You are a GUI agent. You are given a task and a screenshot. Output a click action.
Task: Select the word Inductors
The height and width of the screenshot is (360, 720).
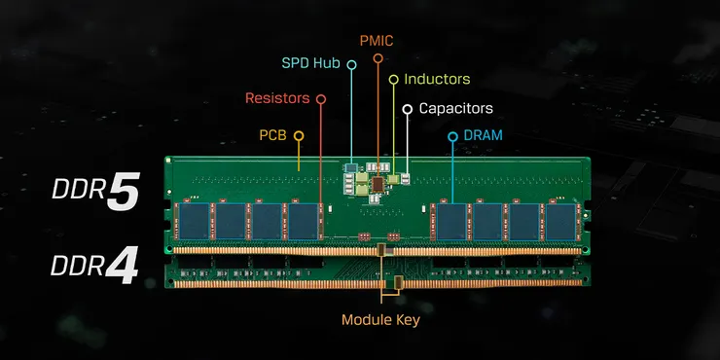click(437, 79)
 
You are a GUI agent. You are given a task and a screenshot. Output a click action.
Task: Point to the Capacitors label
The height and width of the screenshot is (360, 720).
click(455, 109)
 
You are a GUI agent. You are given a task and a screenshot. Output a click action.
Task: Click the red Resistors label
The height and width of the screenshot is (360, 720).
click(277, 98)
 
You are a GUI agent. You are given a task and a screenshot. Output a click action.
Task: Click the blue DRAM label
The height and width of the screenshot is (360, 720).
click(483, 135)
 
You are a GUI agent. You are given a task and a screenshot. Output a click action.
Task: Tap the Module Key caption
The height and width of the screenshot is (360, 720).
click(381, 319)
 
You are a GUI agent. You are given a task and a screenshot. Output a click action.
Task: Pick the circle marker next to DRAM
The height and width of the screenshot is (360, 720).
click(452, 136)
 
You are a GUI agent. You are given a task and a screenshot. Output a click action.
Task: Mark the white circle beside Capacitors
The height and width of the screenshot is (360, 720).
click(408, 109)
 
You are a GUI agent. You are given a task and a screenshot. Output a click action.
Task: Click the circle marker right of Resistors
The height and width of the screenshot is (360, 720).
click(321, 98)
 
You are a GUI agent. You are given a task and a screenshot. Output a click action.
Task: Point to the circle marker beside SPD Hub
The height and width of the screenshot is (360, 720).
click(351, 63)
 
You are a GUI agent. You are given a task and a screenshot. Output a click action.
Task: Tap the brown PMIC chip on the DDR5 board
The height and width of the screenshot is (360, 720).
click(378, 182)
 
